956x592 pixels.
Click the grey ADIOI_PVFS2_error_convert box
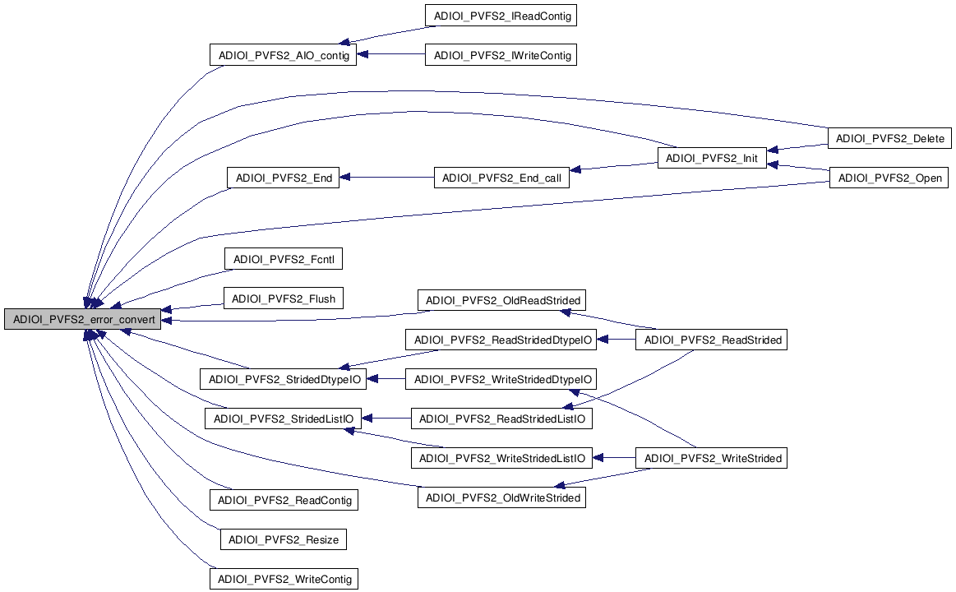tap(82, 319)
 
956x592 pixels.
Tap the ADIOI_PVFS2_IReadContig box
tap(501, 16)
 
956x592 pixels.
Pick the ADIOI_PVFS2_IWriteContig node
tap(501, 55)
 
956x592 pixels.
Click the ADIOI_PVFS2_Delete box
tap(890, 138)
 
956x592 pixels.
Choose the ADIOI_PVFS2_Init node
tap(712, 158)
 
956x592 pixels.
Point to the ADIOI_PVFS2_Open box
tap(889, 178)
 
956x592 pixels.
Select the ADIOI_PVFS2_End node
tap(283, 178)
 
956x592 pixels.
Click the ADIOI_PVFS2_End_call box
tap(501, 178)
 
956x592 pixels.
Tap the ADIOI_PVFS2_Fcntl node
tap(284, 259)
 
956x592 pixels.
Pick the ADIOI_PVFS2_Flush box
tap(284, 298)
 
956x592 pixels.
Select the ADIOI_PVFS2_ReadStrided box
tap(712, 339)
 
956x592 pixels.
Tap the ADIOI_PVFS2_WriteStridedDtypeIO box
tap(502, 379)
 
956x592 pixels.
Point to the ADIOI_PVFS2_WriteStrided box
tap(712, 458)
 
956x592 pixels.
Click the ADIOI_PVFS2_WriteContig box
tap(284, 579)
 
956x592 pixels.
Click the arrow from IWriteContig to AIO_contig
tap(391, 56)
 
